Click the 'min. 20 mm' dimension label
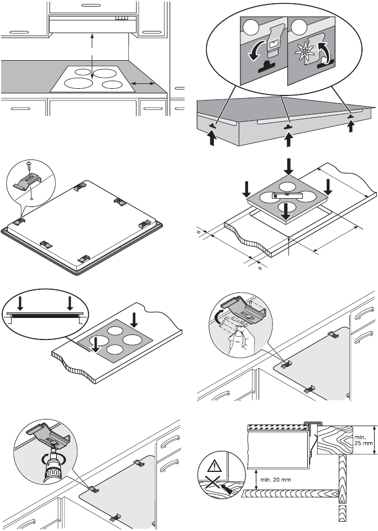click(x=276, y=480)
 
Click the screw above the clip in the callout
click(x=29, y=167)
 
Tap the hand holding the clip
click(x=238, y=342)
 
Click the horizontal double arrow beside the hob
click(x=143, y=83)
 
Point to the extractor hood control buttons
click(x=121, y=18)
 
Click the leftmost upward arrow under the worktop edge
click(x=212, y=139)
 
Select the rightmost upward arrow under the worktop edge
click(x=351, y=128)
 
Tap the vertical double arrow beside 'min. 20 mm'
click(x=256, y=479)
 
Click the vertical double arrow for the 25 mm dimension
click(x=375, y=440)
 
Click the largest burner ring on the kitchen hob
click(x=78, y=83)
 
